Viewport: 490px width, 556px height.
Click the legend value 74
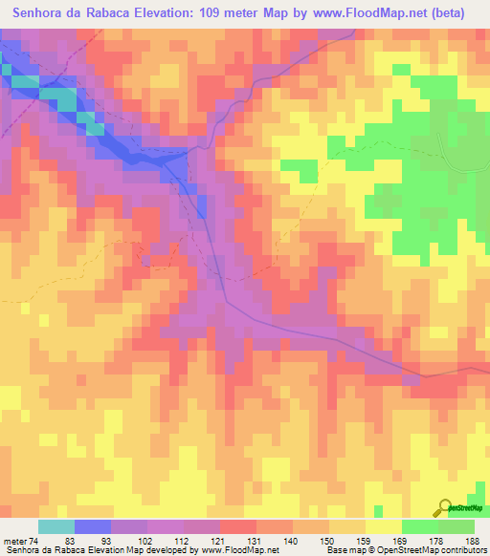click(33, 540)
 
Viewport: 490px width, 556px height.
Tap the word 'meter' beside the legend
click(13, 540)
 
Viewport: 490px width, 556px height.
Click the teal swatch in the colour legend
click(56, 526)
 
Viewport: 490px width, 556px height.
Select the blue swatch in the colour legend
click(93, 526)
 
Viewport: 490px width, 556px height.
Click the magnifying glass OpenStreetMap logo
click(445, 508)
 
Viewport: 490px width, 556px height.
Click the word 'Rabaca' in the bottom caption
click(76, 550)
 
